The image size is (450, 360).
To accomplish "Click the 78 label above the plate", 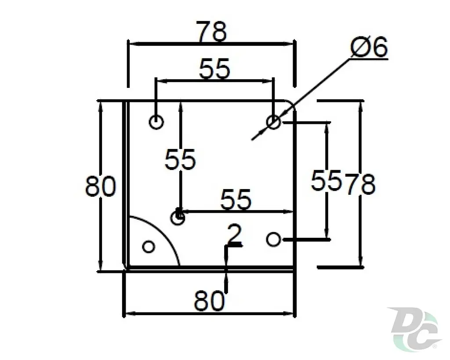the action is coord(212,31).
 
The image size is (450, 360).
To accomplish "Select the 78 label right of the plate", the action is coord(360,184).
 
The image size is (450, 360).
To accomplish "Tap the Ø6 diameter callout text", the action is coord(369,47).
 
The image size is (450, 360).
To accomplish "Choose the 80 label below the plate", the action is coord(210,301).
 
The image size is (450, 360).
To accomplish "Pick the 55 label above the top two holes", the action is coord(214,69).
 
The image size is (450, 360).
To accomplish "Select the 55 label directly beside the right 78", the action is coord(327,180).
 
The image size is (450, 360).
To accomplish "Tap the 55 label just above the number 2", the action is coord(236,199).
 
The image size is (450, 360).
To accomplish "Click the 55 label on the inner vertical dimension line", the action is coord(180,159).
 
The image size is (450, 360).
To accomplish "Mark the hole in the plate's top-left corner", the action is coord(156,122).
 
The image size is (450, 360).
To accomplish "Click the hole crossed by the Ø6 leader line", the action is coord(273,122).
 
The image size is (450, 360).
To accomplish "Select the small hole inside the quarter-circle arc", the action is coord(149,247).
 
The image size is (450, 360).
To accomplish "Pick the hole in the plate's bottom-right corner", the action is coord(273,239).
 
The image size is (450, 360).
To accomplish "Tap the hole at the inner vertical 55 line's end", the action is coord(178,218).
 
